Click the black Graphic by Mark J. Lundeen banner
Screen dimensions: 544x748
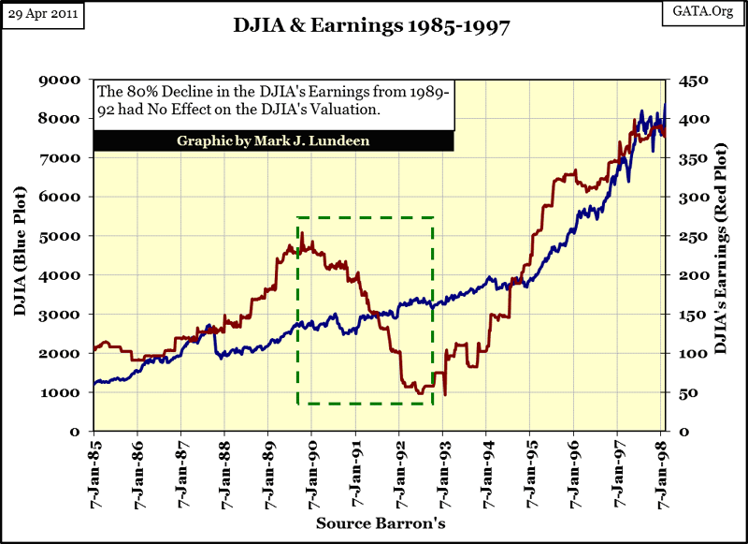pos(273,141)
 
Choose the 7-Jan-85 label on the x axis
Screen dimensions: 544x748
pos(94,468)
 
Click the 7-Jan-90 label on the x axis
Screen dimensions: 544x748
pos(312,468)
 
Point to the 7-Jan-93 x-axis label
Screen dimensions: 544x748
pos(443,468)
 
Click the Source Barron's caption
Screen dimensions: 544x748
pos(379,522)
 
